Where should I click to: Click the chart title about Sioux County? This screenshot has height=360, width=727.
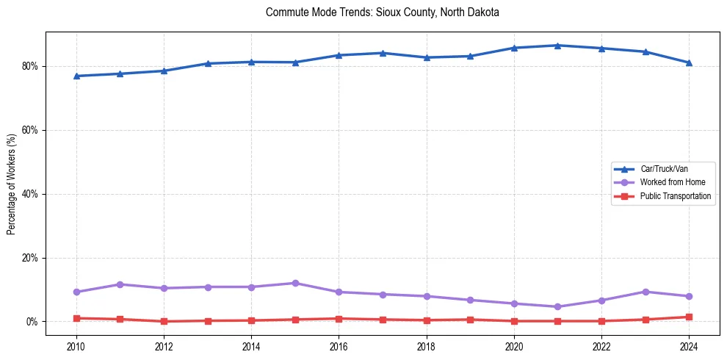click(383, 12)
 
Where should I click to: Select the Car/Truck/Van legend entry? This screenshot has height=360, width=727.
click(664, 169)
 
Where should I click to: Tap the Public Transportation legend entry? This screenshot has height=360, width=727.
click(675, 196)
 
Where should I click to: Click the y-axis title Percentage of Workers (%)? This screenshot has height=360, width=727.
click(12, 184)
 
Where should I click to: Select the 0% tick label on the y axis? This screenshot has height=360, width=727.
click(32, 322)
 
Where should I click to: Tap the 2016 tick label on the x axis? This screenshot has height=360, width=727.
click(339, 345)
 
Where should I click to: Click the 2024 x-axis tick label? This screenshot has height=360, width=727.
click(689, 345)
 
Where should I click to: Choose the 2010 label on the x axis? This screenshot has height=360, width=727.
click(76, 345)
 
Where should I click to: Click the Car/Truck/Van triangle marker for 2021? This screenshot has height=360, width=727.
click(557, 46)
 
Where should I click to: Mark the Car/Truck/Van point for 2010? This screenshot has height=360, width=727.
click(76, 76)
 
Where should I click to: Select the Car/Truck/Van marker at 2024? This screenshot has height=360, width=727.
click(689, 62)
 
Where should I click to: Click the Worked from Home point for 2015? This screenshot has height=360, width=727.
click(295, 283)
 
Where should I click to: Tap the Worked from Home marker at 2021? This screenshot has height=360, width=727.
click(557, 307)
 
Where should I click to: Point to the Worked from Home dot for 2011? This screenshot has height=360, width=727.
click(120, 284)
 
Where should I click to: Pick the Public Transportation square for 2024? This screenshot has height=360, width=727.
click(689, 317)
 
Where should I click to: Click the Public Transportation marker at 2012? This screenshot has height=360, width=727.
click(164, 321)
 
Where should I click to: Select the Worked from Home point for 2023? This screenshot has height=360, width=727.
click(645, 292)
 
